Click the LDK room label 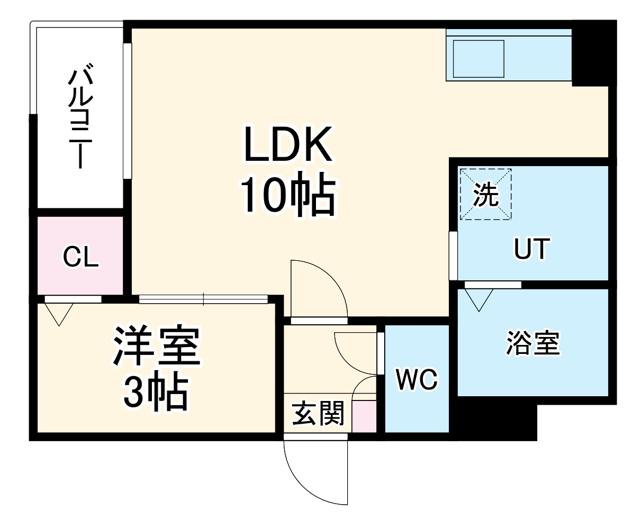[287, 144]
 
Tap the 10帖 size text [288, 194]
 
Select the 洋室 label [156, 346]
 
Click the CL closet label [80, 258]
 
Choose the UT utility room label [532, 249]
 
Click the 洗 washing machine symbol [485, 194]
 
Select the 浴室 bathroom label [532, 343]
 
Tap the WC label [417, 379]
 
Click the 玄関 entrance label [318, 413]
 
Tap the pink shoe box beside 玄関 [364, 416]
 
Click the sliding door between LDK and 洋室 [204, 299]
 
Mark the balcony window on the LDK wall [127, 111]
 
